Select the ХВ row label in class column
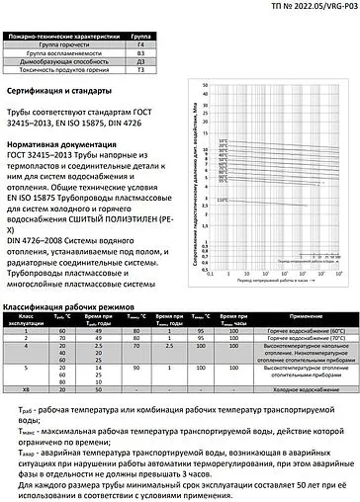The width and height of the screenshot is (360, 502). point(28,389)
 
